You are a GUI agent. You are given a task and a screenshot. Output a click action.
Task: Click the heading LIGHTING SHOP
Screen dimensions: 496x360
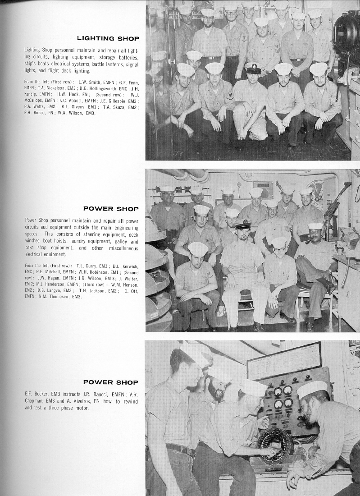pos(108,38)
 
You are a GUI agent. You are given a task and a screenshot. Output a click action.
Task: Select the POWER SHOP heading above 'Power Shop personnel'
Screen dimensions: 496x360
pos(111,209)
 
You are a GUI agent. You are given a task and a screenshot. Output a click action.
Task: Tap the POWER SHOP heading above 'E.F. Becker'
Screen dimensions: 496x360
pos(111,383)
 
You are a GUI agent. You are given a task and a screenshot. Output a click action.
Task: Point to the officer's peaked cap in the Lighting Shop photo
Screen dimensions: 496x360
pos(253,68)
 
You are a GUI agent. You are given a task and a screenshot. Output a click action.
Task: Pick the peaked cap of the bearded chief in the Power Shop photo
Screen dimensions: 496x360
pos(242,224)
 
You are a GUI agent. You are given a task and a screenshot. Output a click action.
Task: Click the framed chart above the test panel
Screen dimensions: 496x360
pos(284,360)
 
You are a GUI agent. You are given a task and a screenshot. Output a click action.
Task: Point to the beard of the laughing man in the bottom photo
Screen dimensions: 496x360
pos(217,391)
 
